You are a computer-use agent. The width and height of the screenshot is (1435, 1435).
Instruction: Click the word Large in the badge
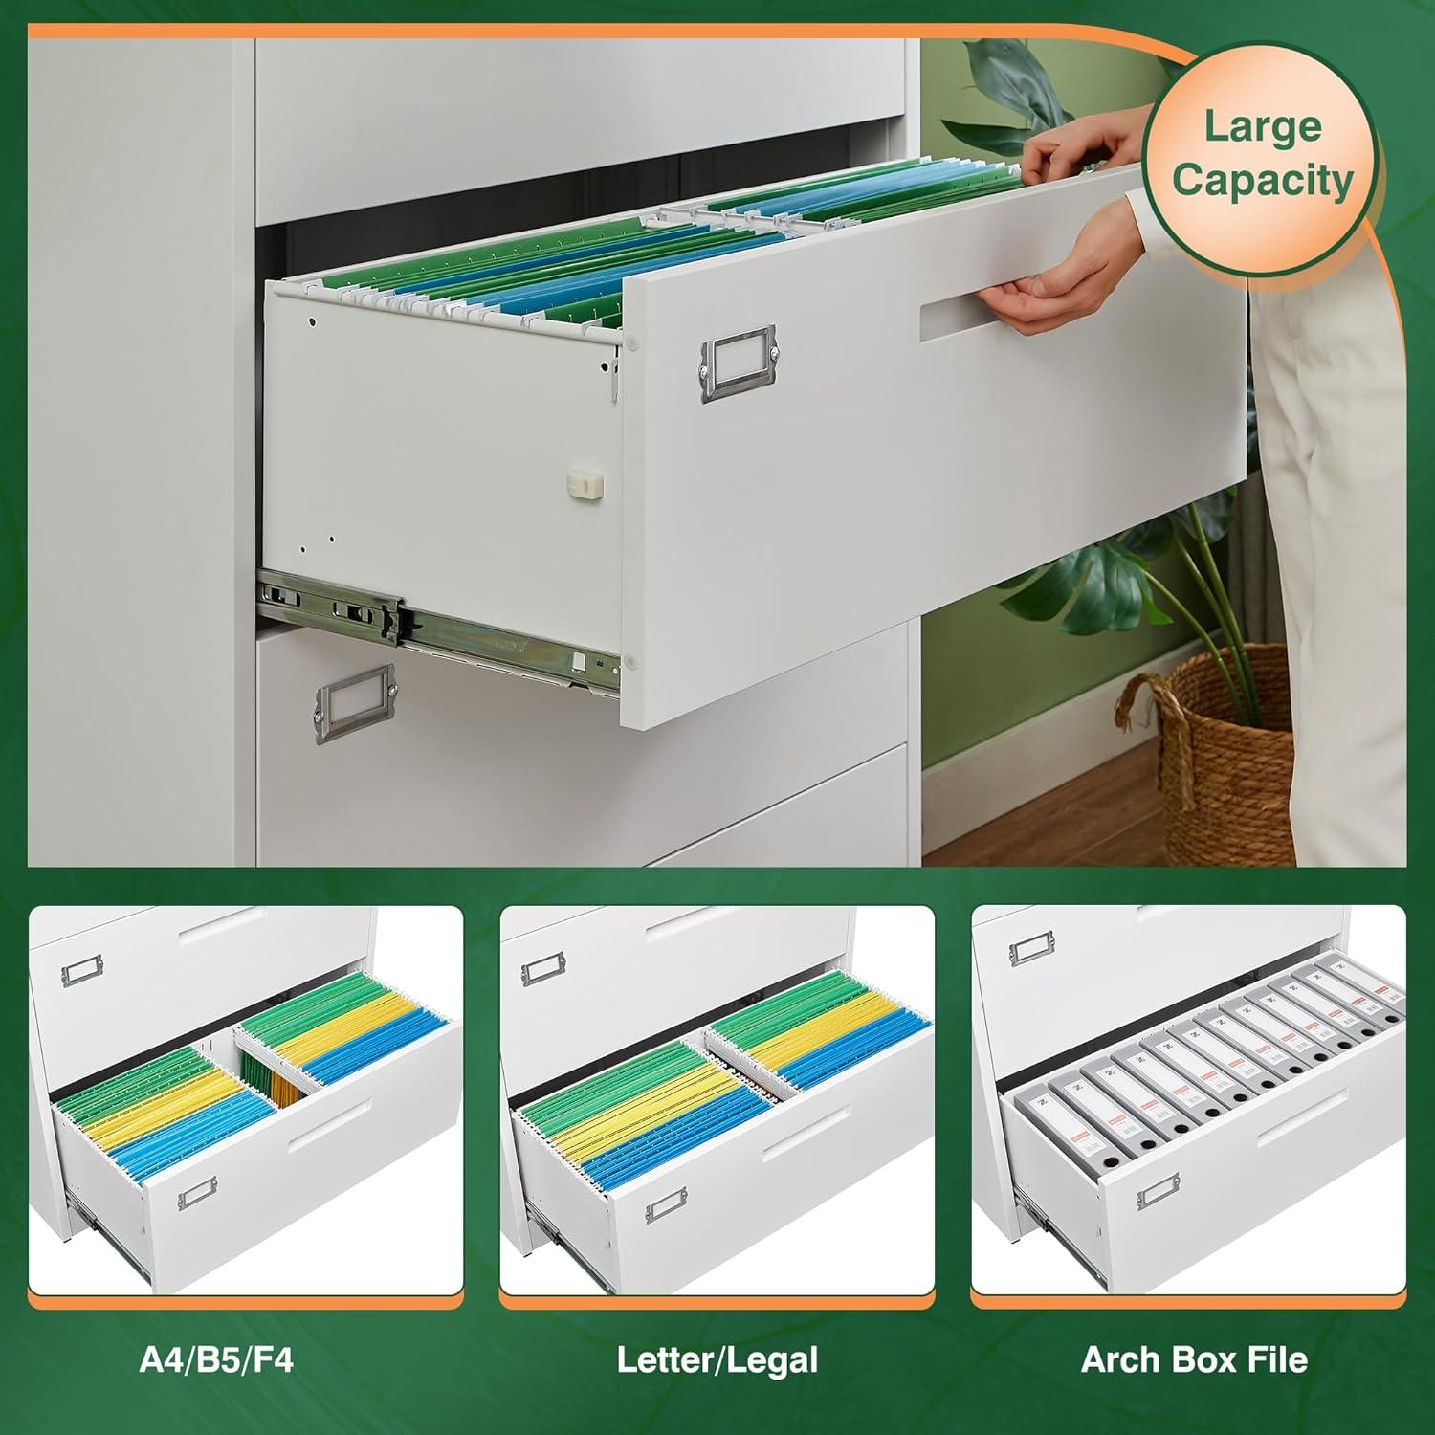pyautogui.click(x=1262, y=127)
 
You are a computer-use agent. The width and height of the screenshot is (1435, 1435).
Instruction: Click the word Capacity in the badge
pyautogui.click(x=1263, y=179)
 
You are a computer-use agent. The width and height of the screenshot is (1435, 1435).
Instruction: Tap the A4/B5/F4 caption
pyautogui.click(x=216, y=1359)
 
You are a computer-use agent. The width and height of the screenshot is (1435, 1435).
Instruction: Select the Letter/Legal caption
pyautogui.click(x=717, y=1359)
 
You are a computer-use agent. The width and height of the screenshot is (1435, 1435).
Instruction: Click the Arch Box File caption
pyautogui.click(x=1194, y=1359)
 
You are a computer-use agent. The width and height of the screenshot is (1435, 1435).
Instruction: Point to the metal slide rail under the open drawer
pyautogui.click(x=430, y=622)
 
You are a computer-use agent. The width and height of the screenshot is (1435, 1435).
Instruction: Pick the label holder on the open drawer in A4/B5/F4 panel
pyautogui.click(x=196, y=1194)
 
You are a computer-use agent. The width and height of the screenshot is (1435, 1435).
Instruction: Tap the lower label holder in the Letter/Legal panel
pyautogui.click(x=666, y=1211)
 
